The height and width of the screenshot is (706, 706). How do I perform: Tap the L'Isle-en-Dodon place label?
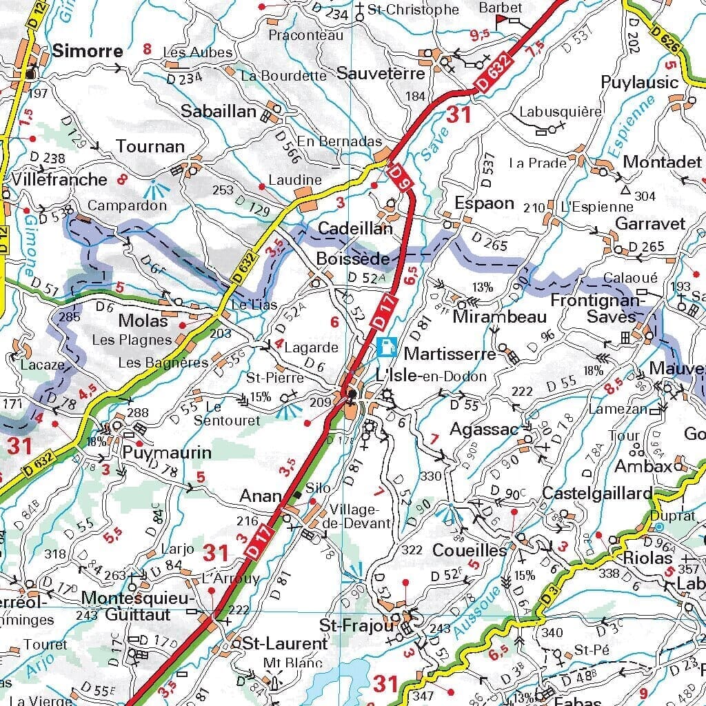click(431, 376)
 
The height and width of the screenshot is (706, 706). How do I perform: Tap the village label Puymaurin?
click(166, 453)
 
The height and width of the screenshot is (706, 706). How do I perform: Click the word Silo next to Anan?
click(318, 488)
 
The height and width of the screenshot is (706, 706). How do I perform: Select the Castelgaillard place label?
click(596, 494)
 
